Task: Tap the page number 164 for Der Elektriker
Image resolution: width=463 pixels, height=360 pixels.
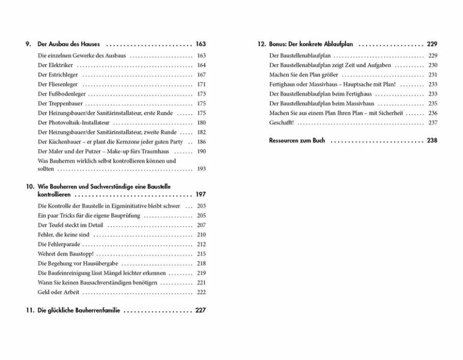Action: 201,65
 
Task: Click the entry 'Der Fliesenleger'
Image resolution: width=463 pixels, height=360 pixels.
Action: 57,85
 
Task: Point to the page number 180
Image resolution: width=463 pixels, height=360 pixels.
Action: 201,122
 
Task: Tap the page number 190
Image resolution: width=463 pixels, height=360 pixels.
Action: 201,151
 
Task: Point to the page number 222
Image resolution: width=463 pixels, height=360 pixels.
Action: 201,292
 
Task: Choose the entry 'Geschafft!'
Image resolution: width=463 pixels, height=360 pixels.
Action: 282,122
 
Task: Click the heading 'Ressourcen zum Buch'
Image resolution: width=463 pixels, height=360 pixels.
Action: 297,141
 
